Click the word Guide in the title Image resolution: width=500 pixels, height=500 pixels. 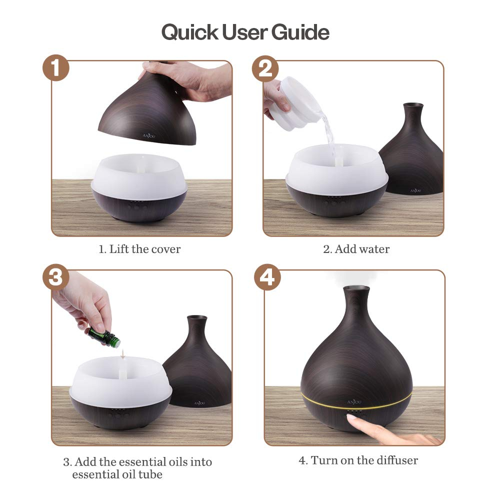point(300,32)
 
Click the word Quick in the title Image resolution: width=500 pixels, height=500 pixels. point(190,32)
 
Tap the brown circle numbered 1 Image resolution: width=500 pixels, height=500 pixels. point(56,68)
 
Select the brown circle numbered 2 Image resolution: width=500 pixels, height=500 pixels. point(265,68)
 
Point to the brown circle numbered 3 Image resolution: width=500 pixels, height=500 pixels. point(56,277)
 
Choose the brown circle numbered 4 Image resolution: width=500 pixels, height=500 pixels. point(267,277)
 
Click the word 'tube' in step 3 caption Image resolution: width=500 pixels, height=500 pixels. point(150,474)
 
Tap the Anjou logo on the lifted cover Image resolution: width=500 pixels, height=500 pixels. point(149,136)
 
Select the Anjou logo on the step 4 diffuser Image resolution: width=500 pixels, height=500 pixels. point(354,402)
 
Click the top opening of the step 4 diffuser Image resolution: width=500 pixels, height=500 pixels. point(356,288)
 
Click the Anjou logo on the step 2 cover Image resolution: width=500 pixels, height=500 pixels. point(415,190)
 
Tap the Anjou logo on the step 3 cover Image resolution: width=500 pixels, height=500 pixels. point(199,403)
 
